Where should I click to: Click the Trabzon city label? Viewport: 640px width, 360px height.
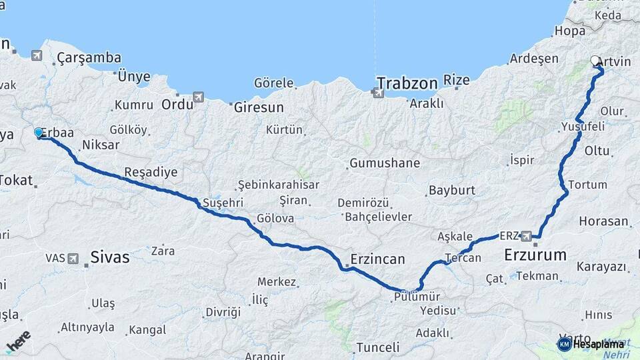(407, 83)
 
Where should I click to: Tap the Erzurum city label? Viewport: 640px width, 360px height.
(535, 254)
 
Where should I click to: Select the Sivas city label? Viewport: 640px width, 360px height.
(109, 257)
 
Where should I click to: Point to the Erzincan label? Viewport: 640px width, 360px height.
(378, 259)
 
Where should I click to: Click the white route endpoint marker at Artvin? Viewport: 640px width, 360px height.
(595, 61)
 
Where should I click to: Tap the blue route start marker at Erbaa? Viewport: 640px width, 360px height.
(39, 133)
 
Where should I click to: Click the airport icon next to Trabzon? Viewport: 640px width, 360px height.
(378, 93)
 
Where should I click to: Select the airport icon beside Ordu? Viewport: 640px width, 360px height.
(198, 97)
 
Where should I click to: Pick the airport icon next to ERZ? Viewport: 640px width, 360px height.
(527, 235)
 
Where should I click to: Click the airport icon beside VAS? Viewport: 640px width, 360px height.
(72, 257)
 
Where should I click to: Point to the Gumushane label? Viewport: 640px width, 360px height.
(385, 163)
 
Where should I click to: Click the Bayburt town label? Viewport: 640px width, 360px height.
(451, 190)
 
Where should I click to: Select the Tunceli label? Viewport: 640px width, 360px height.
(377, 347)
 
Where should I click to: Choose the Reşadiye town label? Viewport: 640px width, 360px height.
(151, 172)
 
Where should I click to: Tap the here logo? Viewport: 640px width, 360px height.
(18, 341)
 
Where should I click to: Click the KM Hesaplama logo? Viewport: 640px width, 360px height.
(591, 344)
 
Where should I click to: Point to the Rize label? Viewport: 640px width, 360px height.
(457, 80)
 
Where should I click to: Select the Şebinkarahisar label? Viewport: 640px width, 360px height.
(279, 185)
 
